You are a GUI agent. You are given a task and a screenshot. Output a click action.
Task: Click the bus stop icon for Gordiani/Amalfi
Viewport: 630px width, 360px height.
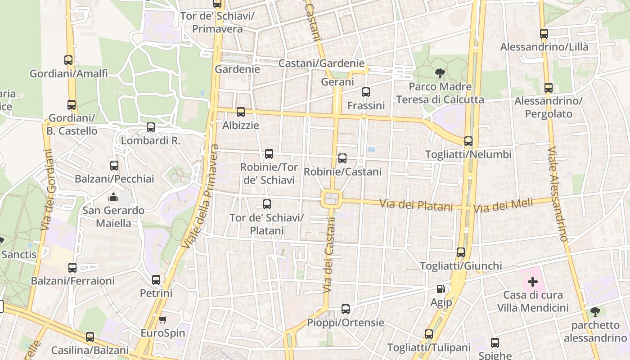pos(68,60)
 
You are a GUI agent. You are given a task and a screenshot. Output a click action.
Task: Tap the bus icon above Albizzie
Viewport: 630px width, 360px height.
pos(241,112)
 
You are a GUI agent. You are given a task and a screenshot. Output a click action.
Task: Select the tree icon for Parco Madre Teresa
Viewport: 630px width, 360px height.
pos(440,73)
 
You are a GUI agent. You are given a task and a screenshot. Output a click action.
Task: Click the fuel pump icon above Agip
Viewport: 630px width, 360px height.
pos(441,289)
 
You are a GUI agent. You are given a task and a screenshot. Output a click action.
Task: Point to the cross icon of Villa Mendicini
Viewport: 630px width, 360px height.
pos(533,282)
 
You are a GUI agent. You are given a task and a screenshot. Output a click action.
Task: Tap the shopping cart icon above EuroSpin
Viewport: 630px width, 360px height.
pos(163,320)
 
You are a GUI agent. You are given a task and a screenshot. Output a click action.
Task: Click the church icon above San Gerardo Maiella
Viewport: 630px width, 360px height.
pos(113,197)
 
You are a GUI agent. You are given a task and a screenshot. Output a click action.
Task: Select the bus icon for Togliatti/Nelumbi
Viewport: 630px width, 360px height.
pos(468,141)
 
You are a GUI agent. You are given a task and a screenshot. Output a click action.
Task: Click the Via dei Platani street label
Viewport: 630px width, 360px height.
pos(416,205)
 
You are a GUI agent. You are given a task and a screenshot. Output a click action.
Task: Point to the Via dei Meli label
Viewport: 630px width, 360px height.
pos(503,206)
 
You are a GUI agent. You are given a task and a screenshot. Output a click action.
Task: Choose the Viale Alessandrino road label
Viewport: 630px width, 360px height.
pos(557,193)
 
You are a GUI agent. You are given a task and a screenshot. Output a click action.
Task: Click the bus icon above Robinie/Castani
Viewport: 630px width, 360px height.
pos(342,158)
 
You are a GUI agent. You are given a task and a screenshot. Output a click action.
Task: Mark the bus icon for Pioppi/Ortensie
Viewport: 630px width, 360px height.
pos(346,309)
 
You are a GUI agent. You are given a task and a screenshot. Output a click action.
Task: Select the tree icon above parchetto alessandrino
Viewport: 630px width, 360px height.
pos(595,312)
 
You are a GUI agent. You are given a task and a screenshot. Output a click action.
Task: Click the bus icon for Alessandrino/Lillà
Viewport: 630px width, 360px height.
pos(544,34)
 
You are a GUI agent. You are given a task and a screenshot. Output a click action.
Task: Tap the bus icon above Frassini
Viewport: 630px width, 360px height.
pos(366,92)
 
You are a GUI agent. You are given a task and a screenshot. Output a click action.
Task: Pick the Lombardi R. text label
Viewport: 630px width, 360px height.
pos(151,140)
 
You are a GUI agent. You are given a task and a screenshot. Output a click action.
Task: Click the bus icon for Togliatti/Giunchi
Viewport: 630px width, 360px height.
pos(461,252)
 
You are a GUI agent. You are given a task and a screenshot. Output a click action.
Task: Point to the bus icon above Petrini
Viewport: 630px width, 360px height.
pos(156,280)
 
